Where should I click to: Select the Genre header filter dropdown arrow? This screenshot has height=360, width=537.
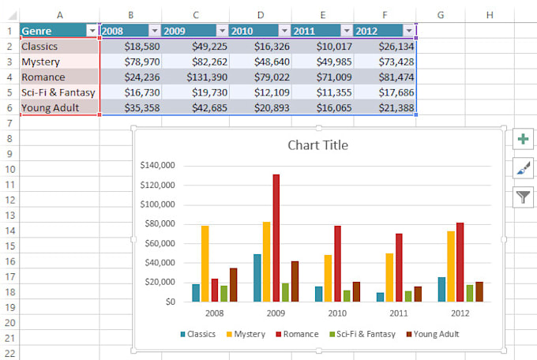(92, 31)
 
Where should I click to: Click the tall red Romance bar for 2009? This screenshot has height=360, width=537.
(276, 237)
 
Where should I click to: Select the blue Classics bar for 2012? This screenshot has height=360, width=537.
(441, 289)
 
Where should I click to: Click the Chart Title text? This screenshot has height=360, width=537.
(317, 145)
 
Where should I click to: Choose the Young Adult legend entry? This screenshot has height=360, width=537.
(432, 334)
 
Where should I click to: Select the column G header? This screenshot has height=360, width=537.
(440, 15)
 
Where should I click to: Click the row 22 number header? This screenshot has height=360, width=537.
(9, 353)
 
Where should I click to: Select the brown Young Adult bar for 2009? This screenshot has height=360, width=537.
(295, 281)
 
